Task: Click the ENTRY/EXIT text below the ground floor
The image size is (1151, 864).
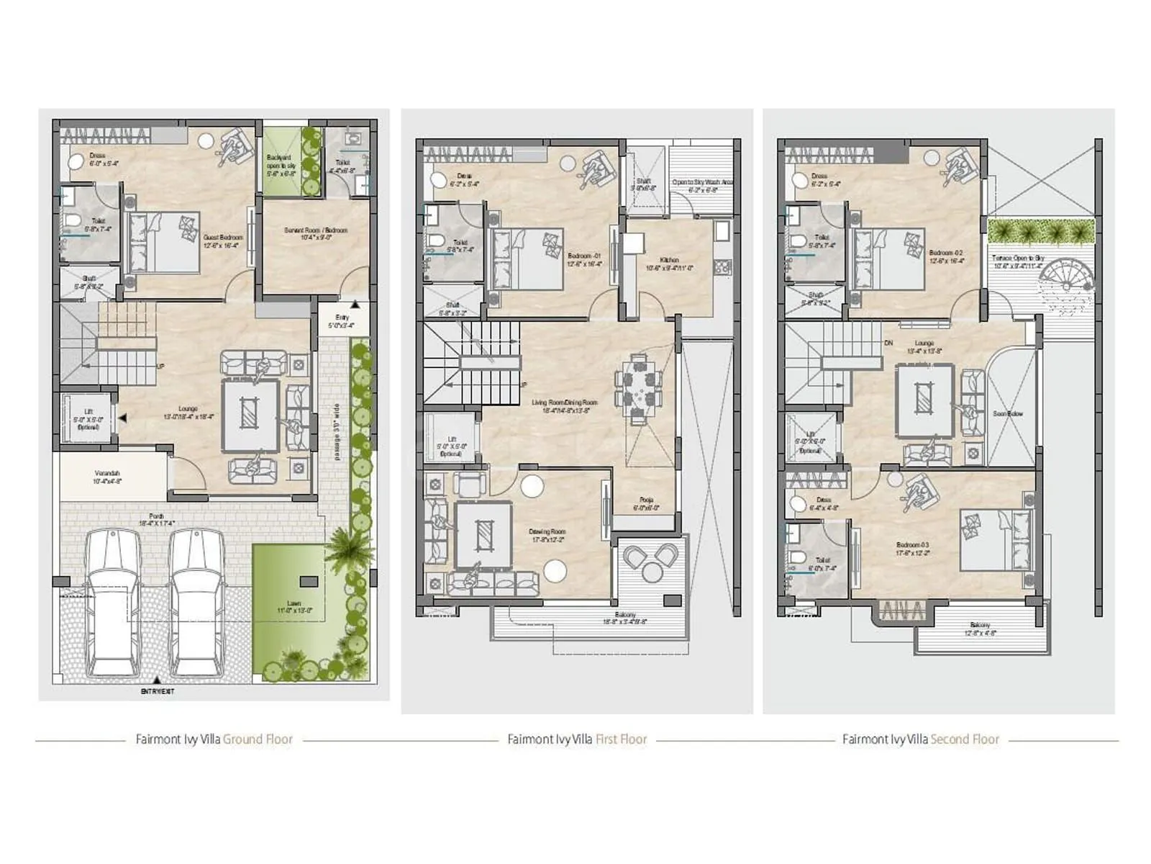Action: pos(158,691)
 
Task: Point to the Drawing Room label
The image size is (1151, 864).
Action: pos(548,535)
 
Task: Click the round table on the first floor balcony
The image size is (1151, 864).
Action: pos(652,571)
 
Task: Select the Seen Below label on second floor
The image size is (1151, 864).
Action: pos(1008,414)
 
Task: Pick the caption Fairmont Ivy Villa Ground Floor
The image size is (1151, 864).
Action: pos(214,739)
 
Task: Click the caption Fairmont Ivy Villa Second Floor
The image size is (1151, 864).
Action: pos(921,739)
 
